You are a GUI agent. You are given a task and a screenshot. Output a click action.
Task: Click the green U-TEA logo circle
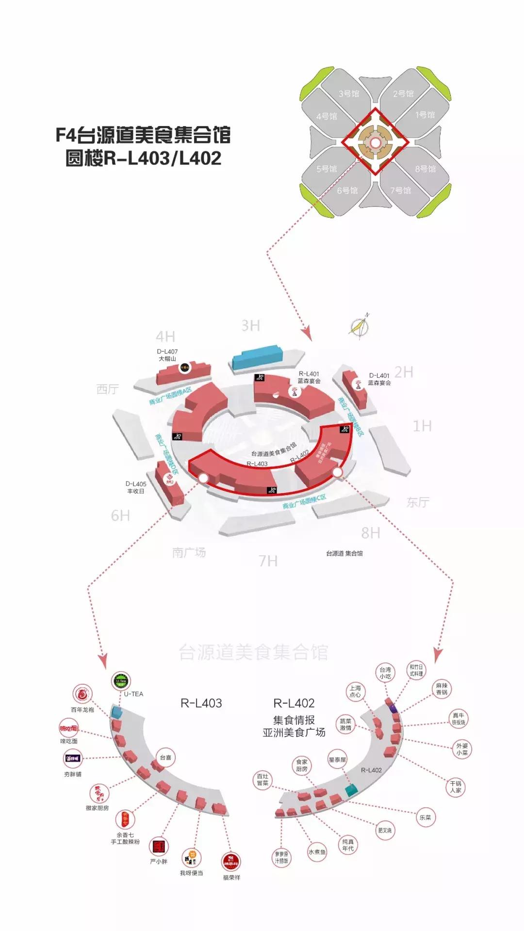[x=121, y=681]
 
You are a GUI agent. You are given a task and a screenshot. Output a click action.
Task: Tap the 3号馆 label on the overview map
[x=349, y=94]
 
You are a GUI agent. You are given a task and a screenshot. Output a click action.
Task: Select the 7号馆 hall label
[x=401, y=190]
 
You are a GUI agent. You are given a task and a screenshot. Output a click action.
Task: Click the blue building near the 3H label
[x=257, y=357]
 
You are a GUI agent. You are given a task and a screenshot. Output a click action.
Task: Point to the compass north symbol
[x=360, y=326]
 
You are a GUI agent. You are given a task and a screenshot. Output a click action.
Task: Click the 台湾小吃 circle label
[x=385, y=673]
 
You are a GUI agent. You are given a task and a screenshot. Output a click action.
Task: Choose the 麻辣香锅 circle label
[x=442, y=689]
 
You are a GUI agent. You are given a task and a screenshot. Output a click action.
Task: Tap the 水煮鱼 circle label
[x=317, y=851]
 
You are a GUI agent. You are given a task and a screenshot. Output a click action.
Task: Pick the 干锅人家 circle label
[x=456, y=787]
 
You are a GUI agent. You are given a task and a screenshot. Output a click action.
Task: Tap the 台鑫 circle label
[x=165, y=757]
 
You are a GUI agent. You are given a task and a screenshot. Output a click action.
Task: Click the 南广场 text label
[x=189, y=552]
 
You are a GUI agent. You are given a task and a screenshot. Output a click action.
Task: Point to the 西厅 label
[x=108, y=389]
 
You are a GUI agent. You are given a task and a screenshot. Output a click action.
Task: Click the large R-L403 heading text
[x=201, y=703]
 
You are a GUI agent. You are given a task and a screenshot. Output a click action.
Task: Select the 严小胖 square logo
[x=159, y=847]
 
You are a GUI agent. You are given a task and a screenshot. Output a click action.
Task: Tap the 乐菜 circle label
[x=425, y=817]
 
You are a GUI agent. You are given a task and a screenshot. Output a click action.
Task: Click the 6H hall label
[x=120, y=515]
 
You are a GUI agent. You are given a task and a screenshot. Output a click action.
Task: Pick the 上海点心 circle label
[x=355, y=691]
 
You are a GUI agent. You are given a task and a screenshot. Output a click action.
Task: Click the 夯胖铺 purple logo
[x=73, y=758]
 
